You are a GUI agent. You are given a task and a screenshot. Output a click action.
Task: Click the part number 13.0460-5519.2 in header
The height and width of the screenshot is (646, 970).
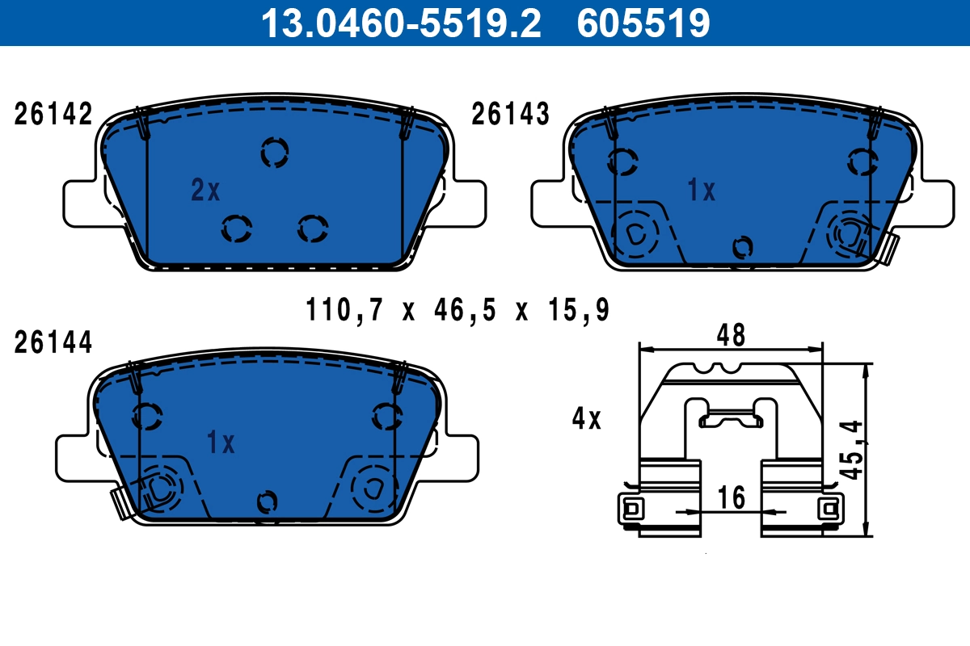[399, 23]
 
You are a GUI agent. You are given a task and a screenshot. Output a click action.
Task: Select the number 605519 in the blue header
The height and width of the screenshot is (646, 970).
[643, 23]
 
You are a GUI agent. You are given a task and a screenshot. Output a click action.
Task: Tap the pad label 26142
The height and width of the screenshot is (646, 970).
[53, 115]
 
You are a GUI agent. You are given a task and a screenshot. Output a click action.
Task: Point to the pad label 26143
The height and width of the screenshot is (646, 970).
[510, 115]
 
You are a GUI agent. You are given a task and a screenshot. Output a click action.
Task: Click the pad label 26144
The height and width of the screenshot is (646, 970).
[53, 343]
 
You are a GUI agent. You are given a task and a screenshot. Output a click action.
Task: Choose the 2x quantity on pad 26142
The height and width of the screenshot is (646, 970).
[205, 191]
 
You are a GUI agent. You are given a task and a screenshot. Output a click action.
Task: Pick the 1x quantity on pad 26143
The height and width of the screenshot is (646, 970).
[701, 191]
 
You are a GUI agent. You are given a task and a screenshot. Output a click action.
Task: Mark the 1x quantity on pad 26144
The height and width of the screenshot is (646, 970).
[220, 443]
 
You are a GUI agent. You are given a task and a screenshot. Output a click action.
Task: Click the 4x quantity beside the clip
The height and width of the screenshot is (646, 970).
[586, 418]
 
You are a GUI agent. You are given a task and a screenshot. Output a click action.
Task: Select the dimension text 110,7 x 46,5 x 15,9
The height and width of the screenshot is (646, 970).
[457, 309]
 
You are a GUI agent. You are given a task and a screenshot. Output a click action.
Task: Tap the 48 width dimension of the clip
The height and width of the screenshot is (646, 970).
[730, 334]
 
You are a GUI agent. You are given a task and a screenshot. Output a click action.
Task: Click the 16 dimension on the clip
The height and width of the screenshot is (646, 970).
[731, 497]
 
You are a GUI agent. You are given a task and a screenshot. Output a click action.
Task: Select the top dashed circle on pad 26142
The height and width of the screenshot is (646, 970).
[275, 152]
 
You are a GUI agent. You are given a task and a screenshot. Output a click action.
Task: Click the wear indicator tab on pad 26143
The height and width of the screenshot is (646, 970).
[891, 249]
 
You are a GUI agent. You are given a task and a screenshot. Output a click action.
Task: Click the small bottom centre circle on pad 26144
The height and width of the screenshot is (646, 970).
[264, 501]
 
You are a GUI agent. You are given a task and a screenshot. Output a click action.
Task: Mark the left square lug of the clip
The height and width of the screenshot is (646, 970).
[632, 509]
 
